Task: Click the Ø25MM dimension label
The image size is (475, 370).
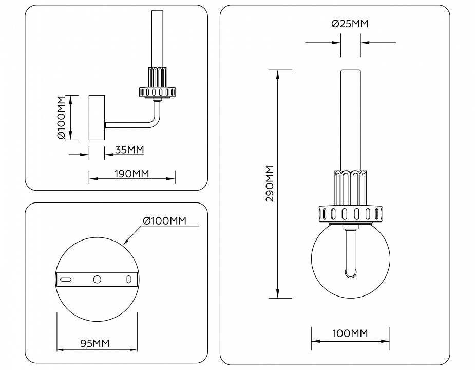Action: tap(350, 24)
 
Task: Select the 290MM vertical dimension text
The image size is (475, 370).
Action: tap(270, 183)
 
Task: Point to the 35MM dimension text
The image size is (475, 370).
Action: tap(128, 150)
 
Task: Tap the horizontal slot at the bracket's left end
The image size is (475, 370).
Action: tap(66, 279)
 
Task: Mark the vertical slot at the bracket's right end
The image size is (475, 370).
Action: tap(129, 279)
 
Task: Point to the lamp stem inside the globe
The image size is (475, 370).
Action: tap(350, 252)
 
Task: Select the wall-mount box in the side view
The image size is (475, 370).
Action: tap(97, 118)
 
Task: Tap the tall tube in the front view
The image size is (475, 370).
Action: tap(350, 118)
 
